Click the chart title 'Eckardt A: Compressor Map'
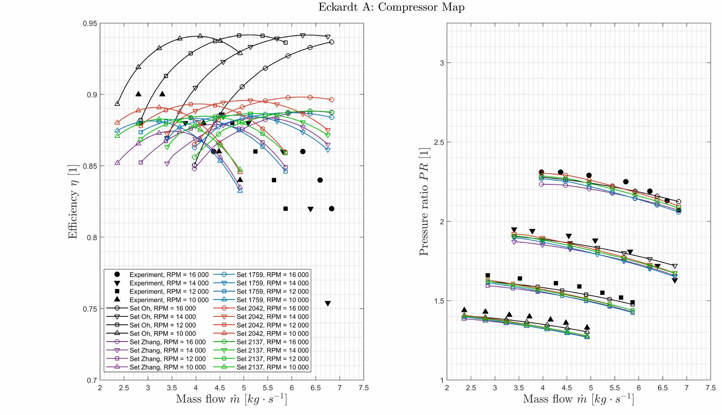coord(391,7)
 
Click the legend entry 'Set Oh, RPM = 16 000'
coord(163,308)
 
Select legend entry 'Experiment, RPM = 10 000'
coord(169,300)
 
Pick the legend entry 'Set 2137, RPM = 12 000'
coord(272,358)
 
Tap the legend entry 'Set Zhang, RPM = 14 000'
coord(167,350)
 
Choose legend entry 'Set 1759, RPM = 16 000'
coord(272,275)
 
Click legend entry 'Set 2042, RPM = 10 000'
coord(272,333)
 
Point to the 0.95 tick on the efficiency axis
coord(90,24)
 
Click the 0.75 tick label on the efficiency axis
coord(90,309)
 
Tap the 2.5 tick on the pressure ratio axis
coord(439,142)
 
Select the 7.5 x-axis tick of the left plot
coord(364,388)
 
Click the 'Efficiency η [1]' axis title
coord(73,201)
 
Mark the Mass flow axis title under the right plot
coord(578,399)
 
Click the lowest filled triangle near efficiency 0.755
coord(328,303)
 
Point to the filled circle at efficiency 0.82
coord(331,209)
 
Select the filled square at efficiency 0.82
coord(285,209)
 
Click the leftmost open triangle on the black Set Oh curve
coord(117,104)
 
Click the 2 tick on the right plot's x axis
coord(447,388)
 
